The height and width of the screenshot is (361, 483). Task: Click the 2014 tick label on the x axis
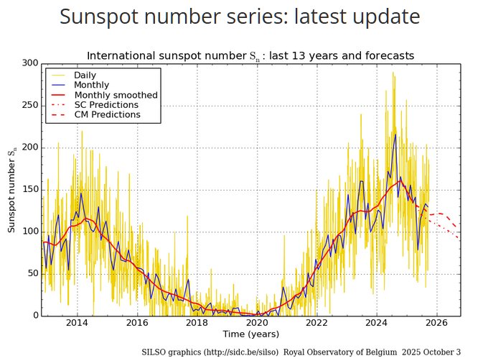pos(77,323)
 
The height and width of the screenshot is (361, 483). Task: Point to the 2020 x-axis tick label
pos(257,323)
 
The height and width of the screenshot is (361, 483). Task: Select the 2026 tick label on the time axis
pos(437,323)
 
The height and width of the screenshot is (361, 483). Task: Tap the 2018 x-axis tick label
pos(197,323)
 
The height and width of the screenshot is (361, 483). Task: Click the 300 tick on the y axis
pos(29,63)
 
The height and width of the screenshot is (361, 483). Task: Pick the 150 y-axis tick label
pos(29,190)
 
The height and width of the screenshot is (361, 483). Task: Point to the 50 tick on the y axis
pos(32,274)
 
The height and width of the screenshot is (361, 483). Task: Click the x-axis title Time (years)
pos(250,334)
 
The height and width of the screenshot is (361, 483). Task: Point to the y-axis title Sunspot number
pos(11,190)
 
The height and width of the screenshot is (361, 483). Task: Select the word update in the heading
pos(380,17)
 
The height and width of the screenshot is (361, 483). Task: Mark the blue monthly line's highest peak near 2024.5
pos(395,134)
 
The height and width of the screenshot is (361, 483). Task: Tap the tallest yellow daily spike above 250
pos(393,73)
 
